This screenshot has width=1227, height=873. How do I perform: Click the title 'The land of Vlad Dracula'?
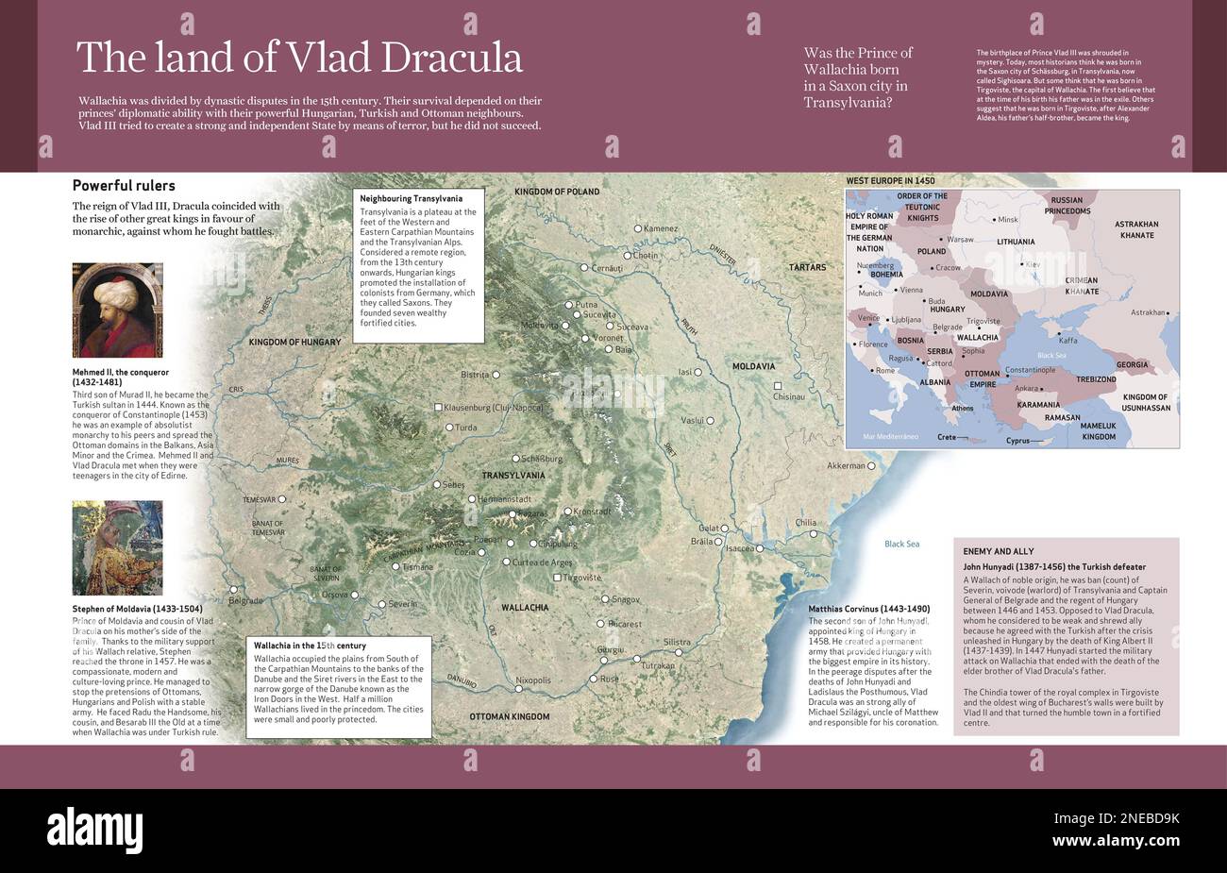pos(298,58)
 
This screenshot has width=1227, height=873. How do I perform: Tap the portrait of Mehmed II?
pos(117,311)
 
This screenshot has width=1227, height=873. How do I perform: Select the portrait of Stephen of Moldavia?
pos(117,547)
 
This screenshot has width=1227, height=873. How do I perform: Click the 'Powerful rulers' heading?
pos(124,186)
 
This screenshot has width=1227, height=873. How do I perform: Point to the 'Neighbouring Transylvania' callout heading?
pos(412,199)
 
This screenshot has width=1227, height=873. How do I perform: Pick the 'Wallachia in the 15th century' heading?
pos(309,645)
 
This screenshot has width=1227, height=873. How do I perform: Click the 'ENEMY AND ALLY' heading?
pos(1000,550)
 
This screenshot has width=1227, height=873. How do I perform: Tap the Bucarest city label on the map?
pos(624,624)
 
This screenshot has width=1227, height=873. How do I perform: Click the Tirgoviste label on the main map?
pos(581,577)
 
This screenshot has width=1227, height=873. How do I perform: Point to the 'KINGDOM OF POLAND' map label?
pos(557,192)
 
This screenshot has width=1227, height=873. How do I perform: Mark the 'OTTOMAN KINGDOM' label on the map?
pos(509,716)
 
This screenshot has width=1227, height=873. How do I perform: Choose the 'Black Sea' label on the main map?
pos(901,544)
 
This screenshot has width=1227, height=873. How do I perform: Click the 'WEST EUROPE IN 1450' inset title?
pos(890,180)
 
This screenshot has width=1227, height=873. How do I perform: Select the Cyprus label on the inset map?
pos(1017,441)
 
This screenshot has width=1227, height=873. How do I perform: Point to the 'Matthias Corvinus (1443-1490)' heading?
pos(868,609)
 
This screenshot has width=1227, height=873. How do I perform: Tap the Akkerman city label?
pos(845,465)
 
